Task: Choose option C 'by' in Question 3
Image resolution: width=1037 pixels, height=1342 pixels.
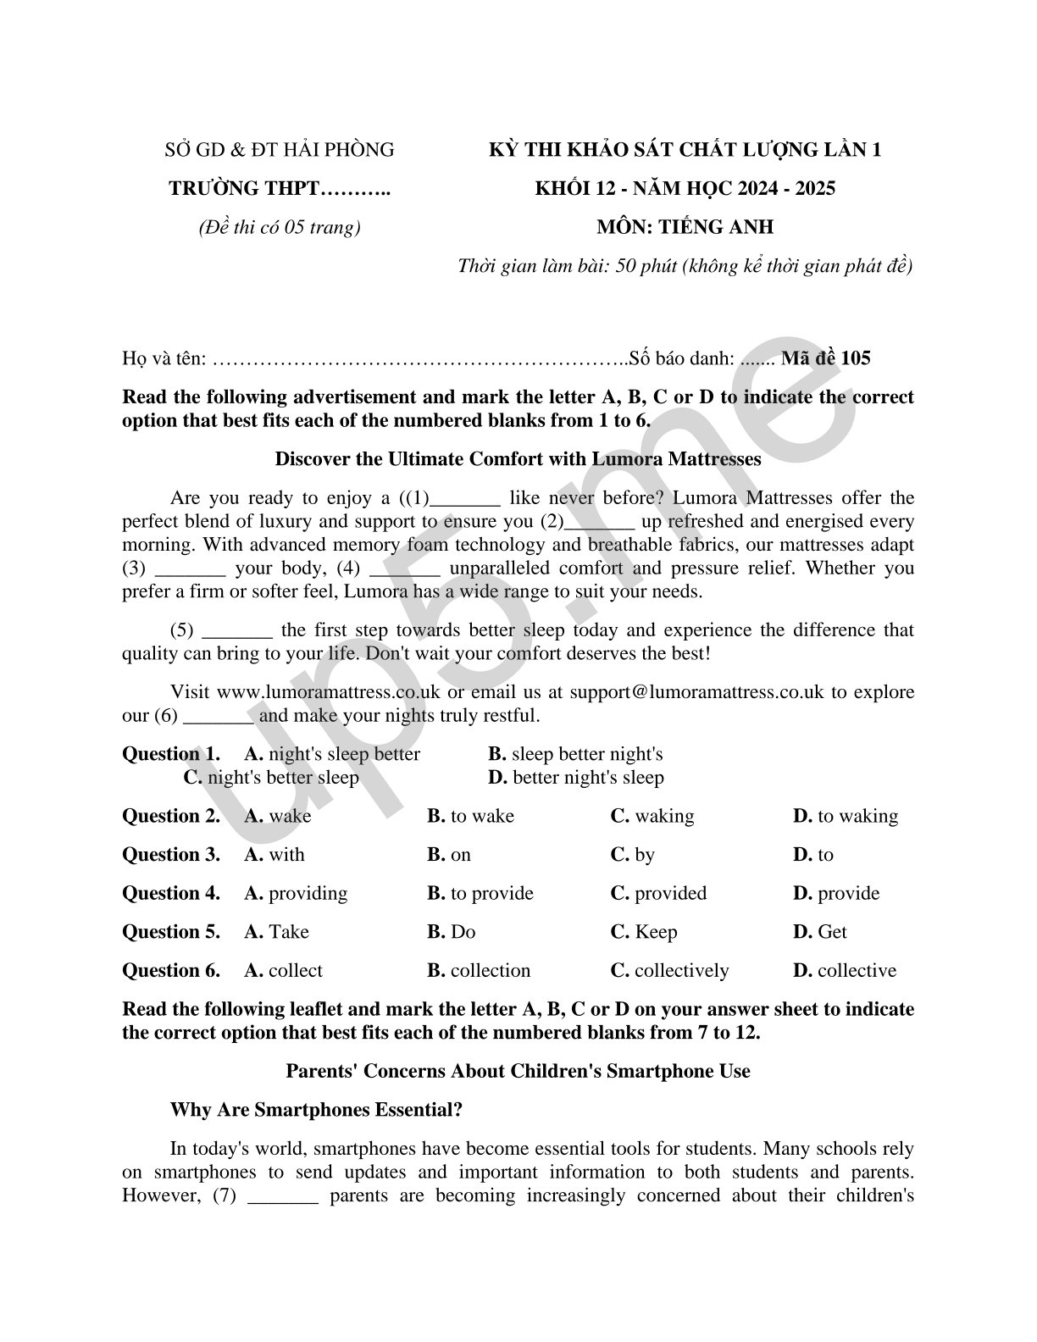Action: pyautogui.click(x=633, y=855)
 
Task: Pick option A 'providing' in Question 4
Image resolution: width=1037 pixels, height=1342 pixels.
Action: pyautogui.click(x=297, y=893)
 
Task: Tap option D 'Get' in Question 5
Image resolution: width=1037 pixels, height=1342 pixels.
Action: pyautogui.click(x=820, y=932)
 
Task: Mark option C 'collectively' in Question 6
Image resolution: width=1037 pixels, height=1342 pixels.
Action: pyautogui.click(x=669, y=970)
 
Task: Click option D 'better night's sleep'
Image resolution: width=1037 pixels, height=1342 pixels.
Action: pyautogui.click(x=576, y=778)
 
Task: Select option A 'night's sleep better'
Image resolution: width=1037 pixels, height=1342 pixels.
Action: pyautogui.click(x=332, y=754)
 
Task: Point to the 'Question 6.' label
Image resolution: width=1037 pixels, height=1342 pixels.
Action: pyautogui.click(x=171, y=970)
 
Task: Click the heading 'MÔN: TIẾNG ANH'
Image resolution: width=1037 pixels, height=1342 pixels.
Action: pyautogui.click(x=685, y=227)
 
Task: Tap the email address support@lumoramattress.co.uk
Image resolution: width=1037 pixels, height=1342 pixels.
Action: pyautogui.click(x=696, y=692)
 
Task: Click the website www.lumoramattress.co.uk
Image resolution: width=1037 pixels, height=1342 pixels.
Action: pyautogui.click(x=329, y=692)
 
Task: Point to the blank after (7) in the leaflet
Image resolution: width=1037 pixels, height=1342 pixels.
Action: pyautogui.click(x=284, y=1197)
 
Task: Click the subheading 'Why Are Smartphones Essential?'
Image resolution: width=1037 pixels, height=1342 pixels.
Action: pyautogui.click(x=316, y=1110)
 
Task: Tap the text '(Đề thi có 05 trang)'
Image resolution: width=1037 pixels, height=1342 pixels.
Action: pyautogui.click(x=280, y=227)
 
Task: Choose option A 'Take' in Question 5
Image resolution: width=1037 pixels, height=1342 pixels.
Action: pyautogui.click(x=277, y=932)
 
